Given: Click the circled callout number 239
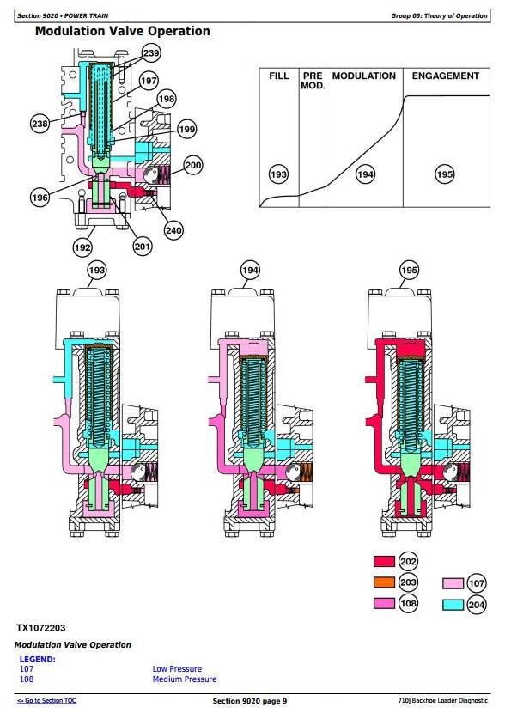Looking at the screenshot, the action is coord(151,53).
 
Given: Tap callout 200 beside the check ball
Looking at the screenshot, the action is coord(193,165).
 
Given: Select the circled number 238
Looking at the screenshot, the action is coord(40,123).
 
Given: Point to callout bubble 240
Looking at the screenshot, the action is coord(173,230).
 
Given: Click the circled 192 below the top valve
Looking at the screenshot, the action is coord(82,247).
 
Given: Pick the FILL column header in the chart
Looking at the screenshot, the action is coord(278,76).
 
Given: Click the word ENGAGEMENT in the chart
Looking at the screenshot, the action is coord(446,76).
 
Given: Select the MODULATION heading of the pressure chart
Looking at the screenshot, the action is coord(364,76).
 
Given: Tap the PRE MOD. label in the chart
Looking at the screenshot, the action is coord(313,81).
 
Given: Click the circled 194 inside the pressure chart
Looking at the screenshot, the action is coord(366,174).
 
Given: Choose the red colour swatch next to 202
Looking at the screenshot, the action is coord(384,561).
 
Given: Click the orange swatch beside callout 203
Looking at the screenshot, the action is coord(384,582).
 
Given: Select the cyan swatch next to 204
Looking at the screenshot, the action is coord(453,605).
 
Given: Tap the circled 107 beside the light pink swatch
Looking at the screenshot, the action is coord(477,583).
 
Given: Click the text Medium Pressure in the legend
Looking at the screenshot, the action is coord(185,679).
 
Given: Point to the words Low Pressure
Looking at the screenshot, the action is coord(177,668).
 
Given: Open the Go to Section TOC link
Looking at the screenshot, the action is coord(46,701).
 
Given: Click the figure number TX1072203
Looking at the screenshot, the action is coord(41,628).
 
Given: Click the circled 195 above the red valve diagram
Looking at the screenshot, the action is coord(409,270).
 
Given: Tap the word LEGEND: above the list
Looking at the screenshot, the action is coord(37,660).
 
